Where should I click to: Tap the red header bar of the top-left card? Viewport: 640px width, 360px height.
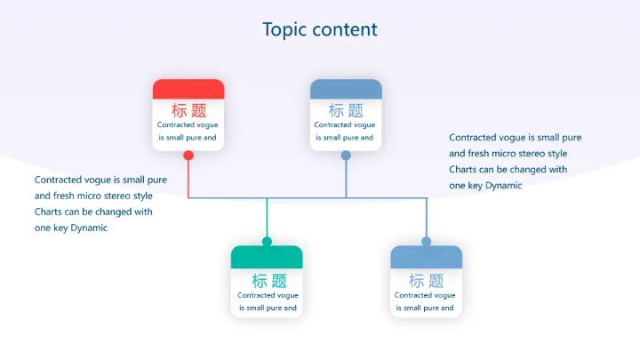coord(188,89)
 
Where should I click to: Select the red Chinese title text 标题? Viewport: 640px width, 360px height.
coord(188,110)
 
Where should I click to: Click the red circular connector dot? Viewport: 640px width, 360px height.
coord(188,156)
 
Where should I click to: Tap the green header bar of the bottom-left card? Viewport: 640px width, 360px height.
coord(267,257)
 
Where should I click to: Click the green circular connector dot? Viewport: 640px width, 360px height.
coord(267,241)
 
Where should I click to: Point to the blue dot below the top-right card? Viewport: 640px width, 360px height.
coord(346,156)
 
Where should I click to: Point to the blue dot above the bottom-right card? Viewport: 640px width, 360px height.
coord(426,241)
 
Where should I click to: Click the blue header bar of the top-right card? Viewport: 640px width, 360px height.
coord(346,89)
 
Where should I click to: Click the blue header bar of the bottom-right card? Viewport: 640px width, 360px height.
coord(426,257)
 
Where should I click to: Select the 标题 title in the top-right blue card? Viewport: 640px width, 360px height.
coord(346,110)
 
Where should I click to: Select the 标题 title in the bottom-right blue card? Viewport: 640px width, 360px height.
coord(426,280)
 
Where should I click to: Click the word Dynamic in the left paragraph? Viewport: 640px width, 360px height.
coord(89,228)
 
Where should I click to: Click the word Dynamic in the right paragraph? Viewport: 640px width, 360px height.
coord(503,186)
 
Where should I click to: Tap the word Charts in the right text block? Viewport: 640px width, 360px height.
coord(462,169)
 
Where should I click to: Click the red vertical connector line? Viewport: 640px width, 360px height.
coord(188,178)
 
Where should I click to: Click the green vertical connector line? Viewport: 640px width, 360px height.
coord(267,219)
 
